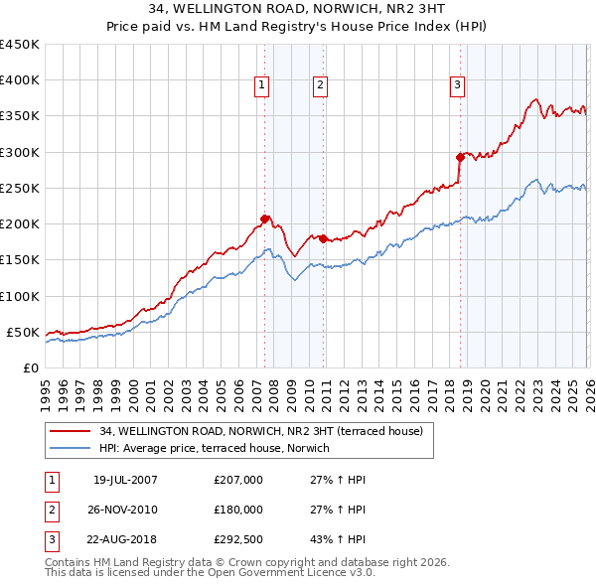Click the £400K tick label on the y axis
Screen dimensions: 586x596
[x=19, y=80]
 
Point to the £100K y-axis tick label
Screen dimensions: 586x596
[x=19, y=296]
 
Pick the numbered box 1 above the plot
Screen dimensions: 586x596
[x=261, y=86]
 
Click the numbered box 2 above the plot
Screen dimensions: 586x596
[x=320, y=86]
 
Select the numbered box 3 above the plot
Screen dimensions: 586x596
[x=457, y=86]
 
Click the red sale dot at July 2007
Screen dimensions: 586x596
[x=264, y=219]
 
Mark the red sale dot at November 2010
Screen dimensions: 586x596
[x=324, y=238]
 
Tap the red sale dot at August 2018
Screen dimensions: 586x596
[x=460, y=157]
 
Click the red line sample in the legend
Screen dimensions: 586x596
[x=72, y=431]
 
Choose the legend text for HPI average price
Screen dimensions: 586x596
[x=221, y=448]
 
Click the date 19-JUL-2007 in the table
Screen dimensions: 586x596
[x=125, y=480]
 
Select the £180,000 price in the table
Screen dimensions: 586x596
[x=238, y=510]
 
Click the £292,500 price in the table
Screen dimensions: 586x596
[x=238, y=540]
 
